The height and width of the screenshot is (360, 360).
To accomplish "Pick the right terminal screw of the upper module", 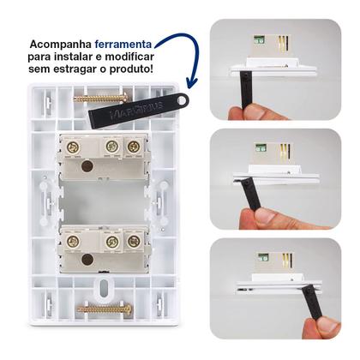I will coord(133,147).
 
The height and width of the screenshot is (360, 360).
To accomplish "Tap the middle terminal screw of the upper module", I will coord(111,147).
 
